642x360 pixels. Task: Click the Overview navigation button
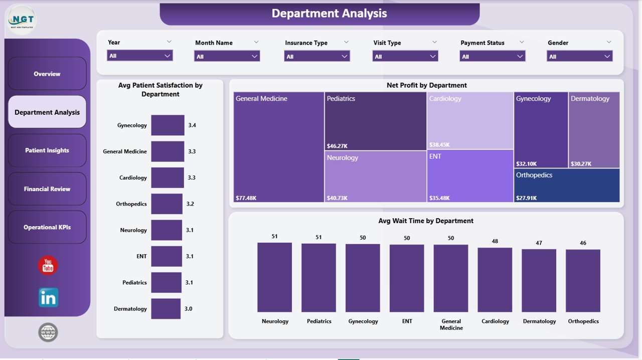pos(47,74)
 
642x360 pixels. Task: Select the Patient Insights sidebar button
pos(47,150)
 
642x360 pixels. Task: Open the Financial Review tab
pos(47,189)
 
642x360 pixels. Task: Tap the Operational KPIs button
pos(47,227)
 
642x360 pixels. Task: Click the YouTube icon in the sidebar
pos(48,266)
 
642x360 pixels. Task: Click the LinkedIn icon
pos(48,298)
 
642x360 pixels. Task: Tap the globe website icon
pos(48,332)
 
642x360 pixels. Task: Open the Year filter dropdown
pos(140,56)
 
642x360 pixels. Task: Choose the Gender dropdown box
pos(579,56)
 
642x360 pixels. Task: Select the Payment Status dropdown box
pos(492,56)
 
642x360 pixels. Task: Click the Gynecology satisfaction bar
pos(168,125)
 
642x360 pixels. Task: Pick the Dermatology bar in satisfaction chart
pos(166,309)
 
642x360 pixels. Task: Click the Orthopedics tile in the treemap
pos(567,186)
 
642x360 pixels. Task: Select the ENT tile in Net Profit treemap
pos(470,175)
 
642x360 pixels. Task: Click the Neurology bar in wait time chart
pos(274,277)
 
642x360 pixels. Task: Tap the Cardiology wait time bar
pos(495,280)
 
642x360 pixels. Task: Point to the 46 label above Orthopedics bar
pos(583,243)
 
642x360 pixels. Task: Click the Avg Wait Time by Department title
pos(426,221)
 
